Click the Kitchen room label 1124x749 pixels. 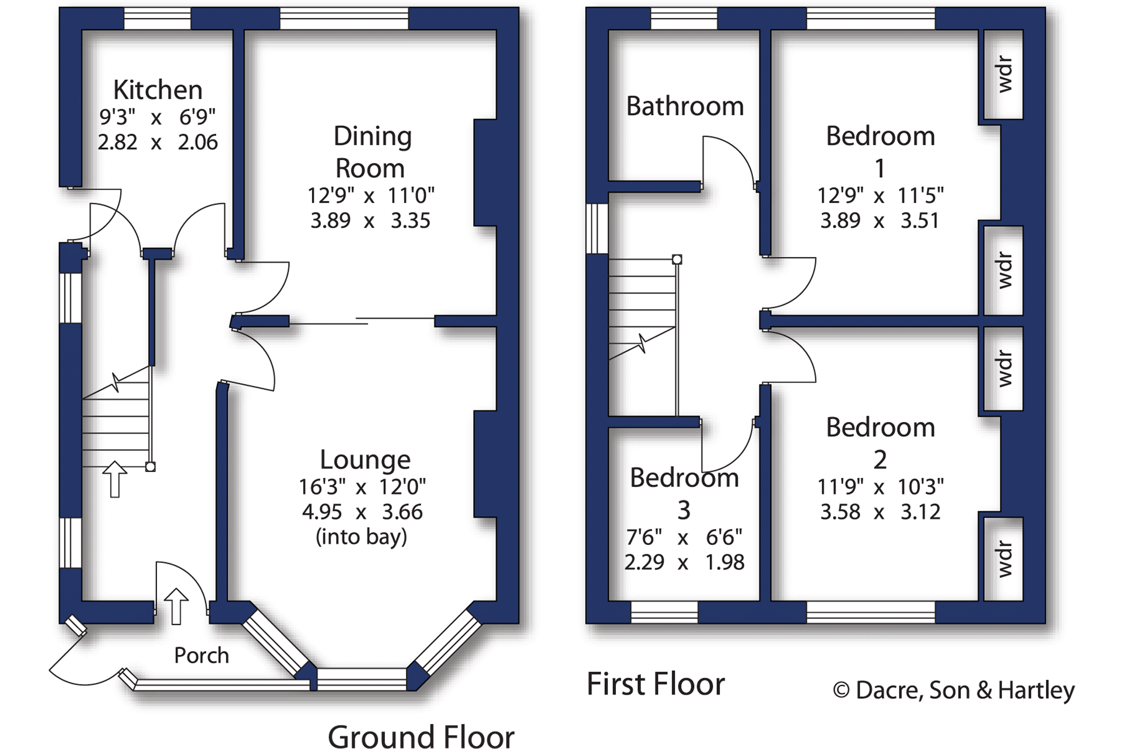point(158,90)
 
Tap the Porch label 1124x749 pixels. point(201,655)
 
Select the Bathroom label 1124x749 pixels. point(685,106)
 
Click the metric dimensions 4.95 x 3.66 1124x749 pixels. point(362,512)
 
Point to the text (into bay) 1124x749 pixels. point(362,537)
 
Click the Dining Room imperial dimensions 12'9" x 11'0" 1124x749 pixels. point(371,196)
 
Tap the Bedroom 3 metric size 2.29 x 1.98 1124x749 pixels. point(684,562)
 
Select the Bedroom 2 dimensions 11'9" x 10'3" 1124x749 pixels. point(880,486)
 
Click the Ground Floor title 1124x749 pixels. point(421,736)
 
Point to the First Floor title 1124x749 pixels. point(656,684)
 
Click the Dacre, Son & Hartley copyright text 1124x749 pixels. point(954,690)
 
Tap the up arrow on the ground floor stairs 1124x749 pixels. point(115,479)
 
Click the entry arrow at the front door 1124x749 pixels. point(176,606)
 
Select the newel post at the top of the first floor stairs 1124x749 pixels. point(677,260)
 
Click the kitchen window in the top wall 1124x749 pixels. point(157,19)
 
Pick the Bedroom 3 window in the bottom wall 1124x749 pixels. point(664,612)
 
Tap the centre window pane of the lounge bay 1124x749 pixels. point(362,679)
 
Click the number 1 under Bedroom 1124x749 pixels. point(880,169)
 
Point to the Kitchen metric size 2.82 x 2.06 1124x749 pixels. point(158,142)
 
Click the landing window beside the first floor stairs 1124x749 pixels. point(597,228)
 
